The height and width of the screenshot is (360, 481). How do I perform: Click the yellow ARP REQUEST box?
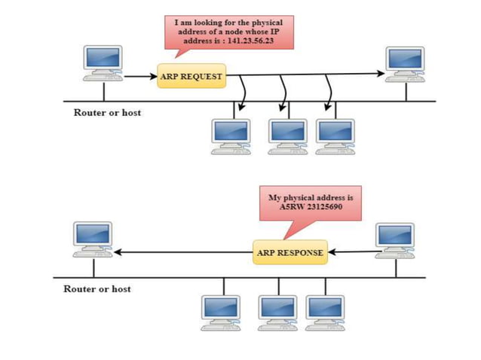[x=191, y=76]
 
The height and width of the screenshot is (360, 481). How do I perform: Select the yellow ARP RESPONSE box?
[x=290, y=252]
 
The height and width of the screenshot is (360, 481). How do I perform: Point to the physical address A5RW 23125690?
[x=311, y=206]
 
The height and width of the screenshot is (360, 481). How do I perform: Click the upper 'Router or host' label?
[x=107, y=112]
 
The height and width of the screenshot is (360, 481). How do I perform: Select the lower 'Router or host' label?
[x=97, y=288]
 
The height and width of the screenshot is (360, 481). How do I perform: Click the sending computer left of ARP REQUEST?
[x=103, y=63]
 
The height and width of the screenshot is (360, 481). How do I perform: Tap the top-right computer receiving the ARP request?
[x=406, y=63]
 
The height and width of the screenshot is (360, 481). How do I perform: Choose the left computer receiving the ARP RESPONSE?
[x=93, y=239]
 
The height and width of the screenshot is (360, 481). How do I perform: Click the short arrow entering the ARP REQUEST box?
[x=140, y=76]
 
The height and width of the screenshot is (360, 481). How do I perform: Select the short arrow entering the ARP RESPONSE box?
[x=351, y=253]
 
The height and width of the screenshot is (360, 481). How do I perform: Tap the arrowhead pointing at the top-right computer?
[x=379, y=74]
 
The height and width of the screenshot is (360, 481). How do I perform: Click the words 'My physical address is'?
[x=311, y=197]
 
